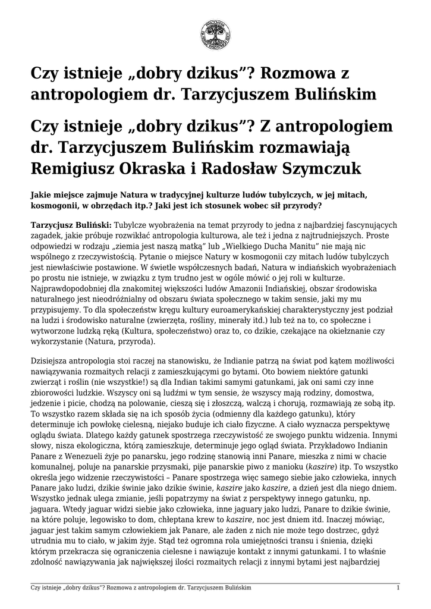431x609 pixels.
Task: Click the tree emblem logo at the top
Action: [215, 34]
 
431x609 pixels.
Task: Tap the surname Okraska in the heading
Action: [175, 168]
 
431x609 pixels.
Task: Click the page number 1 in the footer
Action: [398, 588]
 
